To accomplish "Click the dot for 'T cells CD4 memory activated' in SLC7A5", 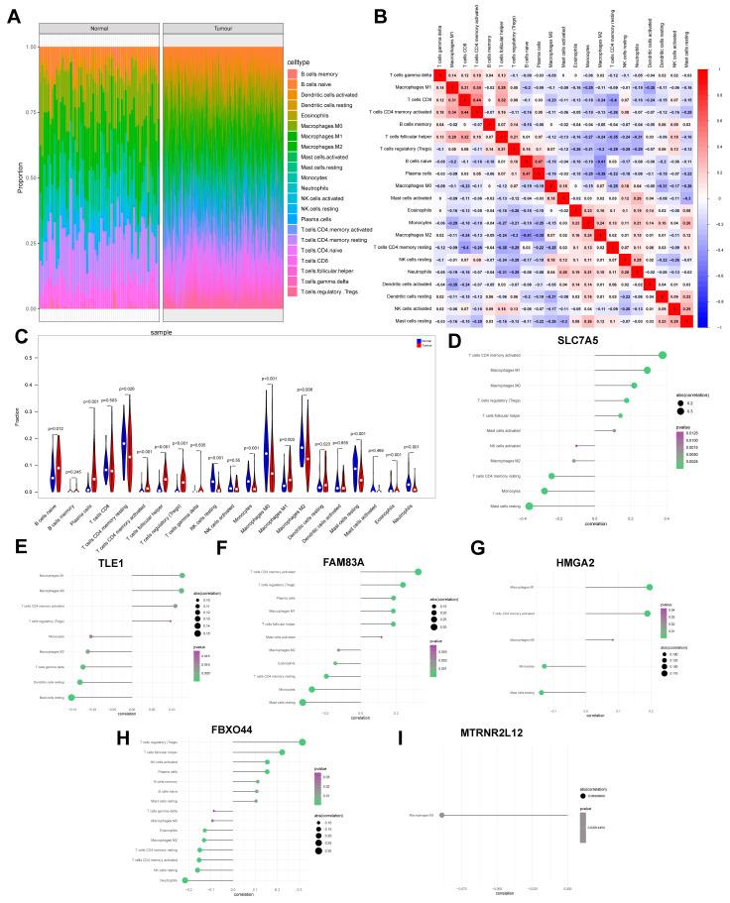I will (663, 355).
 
